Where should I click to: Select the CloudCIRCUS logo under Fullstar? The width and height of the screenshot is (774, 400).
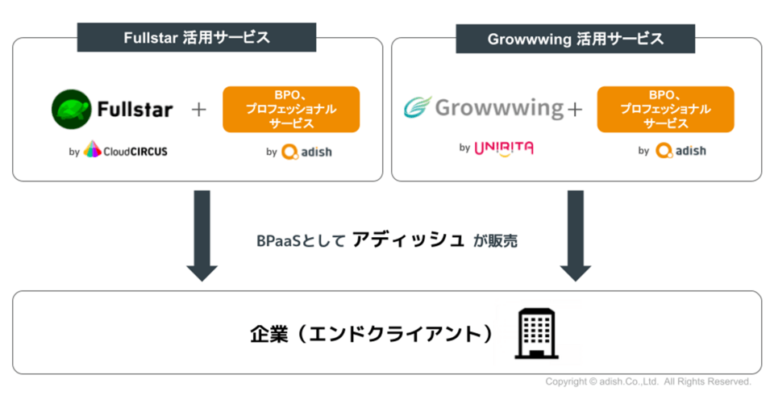[x=126, y=150]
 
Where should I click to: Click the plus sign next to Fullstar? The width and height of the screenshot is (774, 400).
[x=198, y=110]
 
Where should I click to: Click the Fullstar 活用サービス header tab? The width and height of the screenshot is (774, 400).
[x=197, y=37]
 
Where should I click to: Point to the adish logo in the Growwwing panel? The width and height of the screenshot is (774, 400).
[x=680, y=150]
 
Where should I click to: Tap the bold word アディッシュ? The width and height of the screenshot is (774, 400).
[x=409, y=240]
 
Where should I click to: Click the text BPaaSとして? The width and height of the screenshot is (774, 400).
[x=299, y=240]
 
